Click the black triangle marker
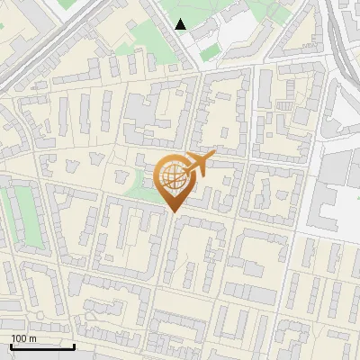pyautogui.click(x=181, y=24)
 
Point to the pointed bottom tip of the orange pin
pyautogui.click(x=172, y=211)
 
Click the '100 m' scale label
pyautogui.click(x=24, y=338)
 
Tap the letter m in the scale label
pyautogui.click(x=33, y=338)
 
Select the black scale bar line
pyautogui.click(x=41, y=347)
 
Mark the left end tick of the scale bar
pyautogui.click(x=10, y=345)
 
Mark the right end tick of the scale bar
pyautogui.click(x=74, y=345)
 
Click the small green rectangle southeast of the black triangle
pyautogui.click(x=210, y=53)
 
